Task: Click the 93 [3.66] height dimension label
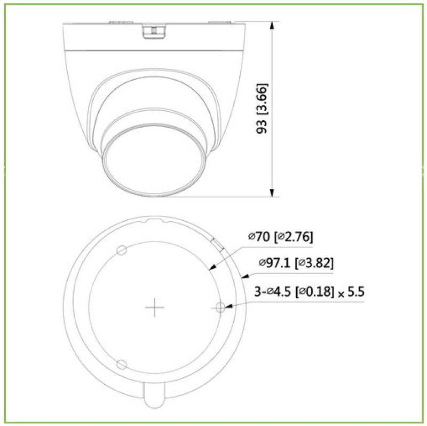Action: [262, 108]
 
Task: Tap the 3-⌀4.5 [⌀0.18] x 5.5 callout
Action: [305, 292]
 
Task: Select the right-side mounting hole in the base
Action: [220, 307]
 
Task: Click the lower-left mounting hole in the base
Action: [122, 364]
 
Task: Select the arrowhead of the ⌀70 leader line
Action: [210, 269]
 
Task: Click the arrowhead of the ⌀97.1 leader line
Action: [243, 277]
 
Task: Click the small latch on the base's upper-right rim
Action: [218, 243]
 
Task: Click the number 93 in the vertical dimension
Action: [262, 126]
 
